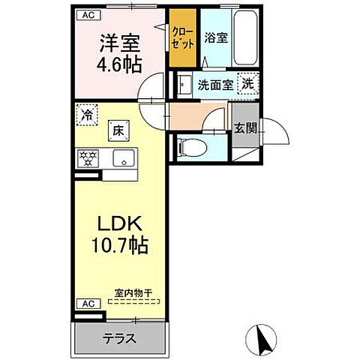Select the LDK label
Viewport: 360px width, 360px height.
point(119,224)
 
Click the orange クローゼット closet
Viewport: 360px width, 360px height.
point(182,37)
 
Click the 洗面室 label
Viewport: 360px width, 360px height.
point(214,85)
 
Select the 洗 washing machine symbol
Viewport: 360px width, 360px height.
point(247,85)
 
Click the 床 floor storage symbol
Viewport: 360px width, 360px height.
point(118,128)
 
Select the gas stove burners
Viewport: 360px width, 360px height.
point(89,158)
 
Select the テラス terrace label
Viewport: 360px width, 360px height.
point(119,338)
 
